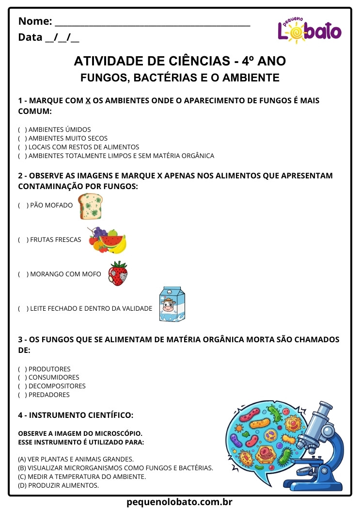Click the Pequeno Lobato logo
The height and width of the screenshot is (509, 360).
(x=309, y=30)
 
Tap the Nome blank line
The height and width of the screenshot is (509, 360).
(x=153, y=22)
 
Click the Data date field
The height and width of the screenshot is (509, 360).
(x=62, y=38)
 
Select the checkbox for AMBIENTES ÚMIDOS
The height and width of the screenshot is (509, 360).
(x=22, y=130)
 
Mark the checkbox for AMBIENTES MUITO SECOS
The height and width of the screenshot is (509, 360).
(x=22, y=139)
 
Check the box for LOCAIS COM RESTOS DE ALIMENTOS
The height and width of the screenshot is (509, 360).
(x=22, y=147)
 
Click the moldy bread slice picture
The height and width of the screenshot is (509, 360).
(x=91, y=206)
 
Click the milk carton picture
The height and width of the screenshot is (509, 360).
(x=172, y=304)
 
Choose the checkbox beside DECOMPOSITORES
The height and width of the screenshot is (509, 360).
(x=22, y=386)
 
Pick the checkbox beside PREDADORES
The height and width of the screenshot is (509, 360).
(x=22, y=395)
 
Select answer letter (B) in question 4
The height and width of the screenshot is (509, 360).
(x=22, y=468)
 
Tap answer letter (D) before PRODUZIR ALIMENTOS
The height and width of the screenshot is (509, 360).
(x=22, y=486)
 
